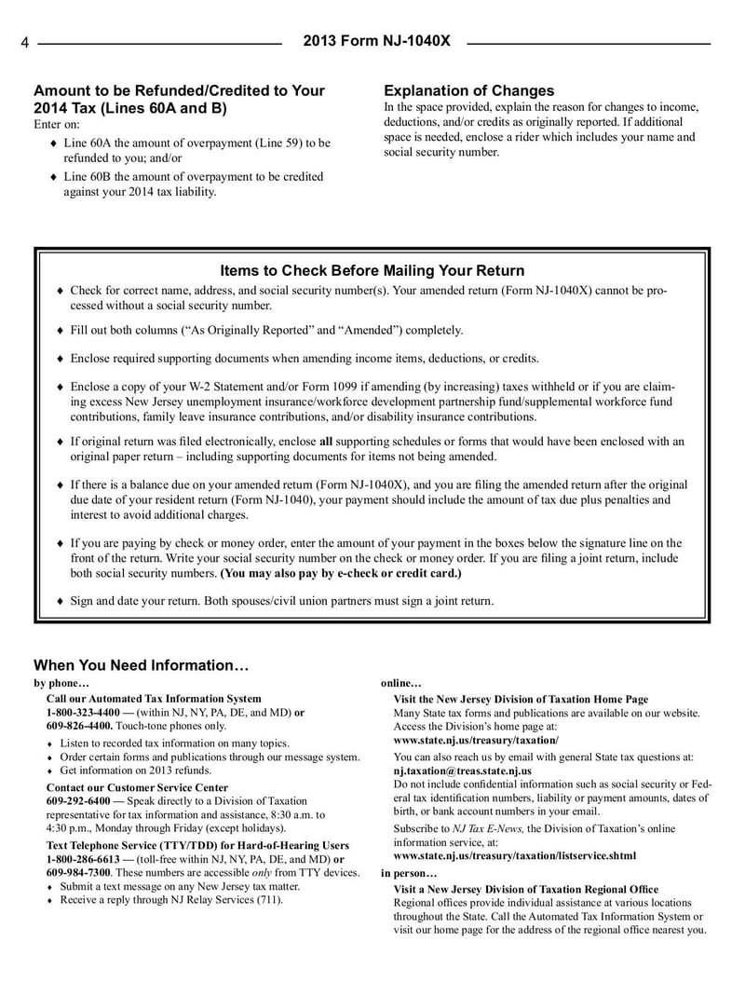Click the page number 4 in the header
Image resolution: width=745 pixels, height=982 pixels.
[26, 43]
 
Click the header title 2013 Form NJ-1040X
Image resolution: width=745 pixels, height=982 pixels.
[377, 42]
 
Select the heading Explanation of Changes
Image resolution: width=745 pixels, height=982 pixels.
[468, 90]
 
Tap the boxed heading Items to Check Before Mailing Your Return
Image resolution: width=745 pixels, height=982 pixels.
[372, 270]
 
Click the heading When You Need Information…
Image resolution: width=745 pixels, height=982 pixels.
[142, 665]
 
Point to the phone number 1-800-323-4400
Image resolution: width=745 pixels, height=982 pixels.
[83, 712]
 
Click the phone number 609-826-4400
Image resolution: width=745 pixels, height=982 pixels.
[79, 725]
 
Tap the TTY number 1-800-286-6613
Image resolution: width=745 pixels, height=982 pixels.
[83, 859]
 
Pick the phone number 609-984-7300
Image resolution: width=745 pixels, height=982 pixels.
[79, 872]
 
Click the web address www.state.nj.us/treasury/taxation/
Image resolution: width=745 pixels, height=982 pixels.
[476, 739]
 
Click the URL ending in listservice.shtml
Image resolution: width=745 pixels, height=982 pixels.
[515, 854]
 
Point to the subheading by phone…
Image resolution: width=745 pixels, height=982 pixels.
[62, 683]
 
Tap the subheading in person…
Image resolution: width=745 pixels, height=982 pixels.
[409, 873]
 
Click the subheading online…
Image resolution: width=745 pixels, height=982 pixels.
[401, 683]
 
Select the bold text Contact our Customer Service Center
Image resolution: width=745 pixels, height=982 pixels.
[137, 787]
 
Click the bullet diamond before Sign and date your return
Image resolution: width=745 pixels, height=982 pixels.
[61, 602]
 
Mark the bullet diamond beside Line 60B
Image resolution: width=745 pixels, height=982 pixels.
[54, 177]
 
